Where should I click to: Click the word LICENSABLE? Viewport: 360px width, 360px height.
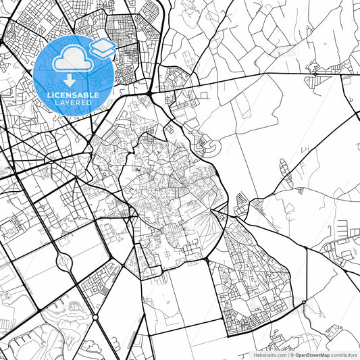[73, 95]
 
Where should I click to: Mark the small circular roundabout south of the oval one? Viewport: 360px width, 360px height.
[95, 317]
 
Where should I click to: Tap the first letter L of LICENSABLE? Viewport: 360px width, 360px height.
[49, 95]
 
